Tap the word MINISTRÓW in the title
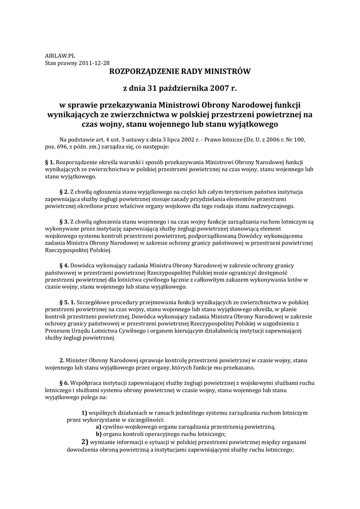click(224, 72)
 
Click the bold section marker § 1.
click(50, 163)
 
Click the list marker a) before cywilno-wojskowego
click(98, 427)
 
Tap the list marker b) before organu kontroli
click(98, 434)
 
